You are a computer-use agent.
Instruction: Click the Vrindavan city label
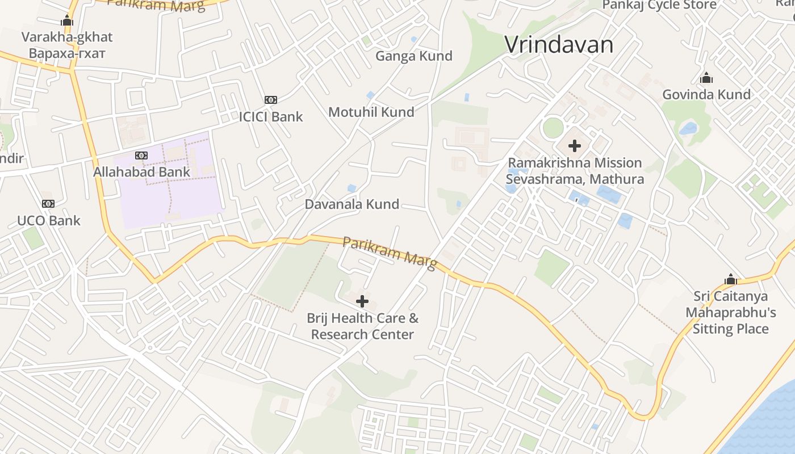(559, 45)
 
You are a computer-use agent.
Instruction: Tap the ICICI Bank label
(271, 117)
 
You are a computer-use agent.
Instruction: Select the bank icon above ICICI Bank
(271, 100)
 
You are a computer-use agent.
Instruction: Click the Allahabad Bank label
(142, 171)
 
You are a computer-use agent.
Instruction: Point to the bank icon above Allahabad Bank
(141, 155)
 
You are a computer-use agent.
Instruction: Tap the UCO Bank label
(49, 221)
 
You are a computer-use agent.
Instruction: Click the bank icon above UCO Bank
(48, 204)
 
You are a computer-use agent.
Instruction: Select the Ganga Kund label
(414, 56)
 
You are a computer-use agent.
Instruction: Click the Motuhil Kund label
(371, 112)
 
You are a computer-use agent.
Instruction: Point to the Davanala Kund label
(352, 204)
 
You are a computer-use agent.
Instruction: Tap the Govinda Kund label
(706, 95)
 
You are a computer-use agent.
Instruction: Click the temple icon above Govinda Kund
(706, 78)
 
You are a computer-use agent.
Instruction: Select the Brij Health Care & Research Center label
(362, 326)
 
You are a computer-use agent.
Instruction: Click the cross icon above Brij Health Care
(362, 301)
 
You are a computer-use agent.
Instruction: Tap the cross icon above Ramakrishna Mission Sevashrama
(575, 146)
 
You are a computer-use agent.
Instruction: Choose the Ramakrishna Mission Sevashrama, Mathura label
(575, 171)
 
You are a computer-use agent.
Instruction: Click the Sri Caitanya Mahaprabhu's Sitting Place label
(730, 313)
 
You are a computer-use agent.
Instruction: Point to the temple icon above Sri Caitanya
(731, 279)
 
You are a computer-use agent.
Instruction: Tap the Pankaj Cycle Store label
(659, 5)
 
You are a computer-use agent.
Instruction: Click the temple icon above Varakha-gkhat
(67, 21)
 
